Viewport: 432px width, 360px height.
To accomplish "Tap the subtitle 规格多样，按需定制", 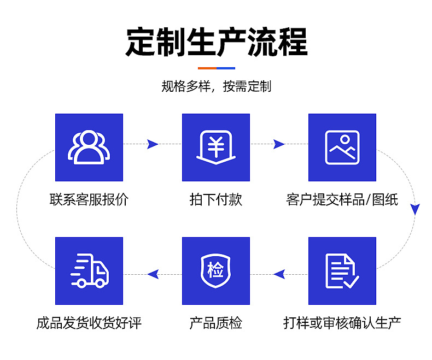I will pyautogui.click(x=217, y=86).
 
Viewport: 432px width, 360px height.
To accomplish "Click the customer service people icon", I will pyautogui.click(x=89, y=147).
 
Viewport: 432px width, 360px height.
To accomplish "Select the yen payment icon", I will pyautogui.click(x=216, y=147).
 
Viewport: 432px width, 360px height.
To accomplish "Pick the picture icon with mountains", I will pyautogui.click(x=342, y=147).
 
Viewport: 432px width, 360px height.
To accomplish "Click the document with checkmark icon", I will pyautogui.click(x=342, y=271).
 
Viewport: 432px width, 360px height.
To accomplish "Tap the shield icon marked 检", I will pyautogui.click(x=216, y=271).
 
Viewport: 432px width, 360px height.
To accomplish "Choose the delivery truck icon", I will pyautogui.click(x=89, y=271).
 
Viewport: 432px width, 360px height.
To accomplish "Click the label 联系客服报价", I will pyautogui.click(x=89, y=199).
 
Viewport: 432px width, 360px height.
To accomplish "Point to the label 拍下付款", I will pyautogui.click(x=216, y=199).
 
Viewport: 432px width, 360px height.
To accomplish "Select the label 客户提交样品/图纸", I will pyautogui.click(x=342, y=199).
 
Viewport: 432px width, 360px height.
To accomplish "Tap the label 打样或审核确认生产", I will pyautogui.click(x=342, y=323).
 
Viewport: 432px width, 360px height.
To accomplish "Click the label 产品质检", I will pyautogui.click(x=216, y=323).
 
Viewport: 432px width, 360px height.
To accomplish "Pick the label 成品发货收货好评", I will pyautogui.click(x=89, y=323).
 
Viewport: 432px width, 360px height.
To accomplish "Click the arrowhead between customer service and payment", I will pyautogui.click(x=153, y=144).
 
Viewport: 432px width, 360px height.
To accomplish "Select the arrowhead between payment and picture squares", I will pyautogui.click(x=279, y=144).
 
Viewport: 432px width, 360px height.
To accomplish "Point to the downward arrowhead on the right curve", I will pyautogui.click(x=415, y=209).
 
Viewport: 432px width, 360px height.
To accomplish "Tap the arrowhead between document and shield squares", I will pyautogui.click(x=279, y=274).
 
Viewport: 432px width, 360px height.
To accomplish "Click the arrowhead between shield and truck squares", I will pyautogui.click(x=153, y=274).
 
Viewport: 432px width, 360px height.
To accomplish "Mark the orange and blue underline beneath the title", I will pyautogui.click(x=217, y=68).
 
